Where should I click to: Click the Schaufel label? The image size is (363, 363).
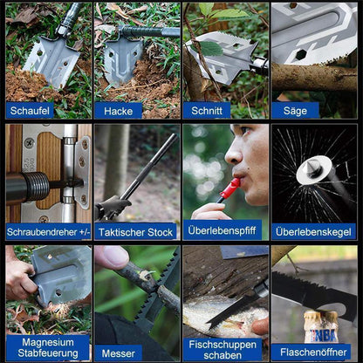tap(30, 111)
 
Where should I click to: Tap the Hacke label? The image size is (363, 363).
tap(118, 111)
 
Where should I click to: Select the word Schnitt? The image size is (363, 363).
tap(207, 111)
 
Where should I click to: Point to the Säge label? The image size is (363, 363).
tap(295, 111)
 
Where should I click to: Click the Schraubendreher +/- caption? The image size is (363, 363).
tap(48, 232)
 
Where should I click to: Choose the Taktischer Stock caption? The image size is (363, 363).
tap(135, 232)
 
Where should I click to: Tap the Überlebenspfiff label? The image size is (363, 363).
tap(222, 230)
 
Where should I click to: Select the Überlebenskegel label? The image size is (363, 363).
tap(313, 232)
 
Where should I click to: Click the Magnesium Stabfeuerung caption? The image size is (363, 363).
tap(48, 348)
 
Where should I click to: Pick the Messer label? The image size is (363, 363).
tap(118, 353)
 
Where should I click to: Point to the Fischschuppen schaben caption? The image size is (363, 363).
tap(223, 350)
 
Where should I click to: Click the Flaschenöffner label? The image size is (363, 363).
tap(313, 353)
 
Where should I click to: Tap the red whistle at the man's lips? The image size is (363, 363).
tap(229, 189)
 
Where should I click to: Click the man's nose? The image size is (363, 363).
tap(234, 154)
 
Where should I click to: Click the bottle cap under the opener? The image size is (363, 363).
tap(321, 315)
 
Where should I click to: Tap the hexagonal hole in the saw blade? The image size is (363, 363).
tap(301, 54)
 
